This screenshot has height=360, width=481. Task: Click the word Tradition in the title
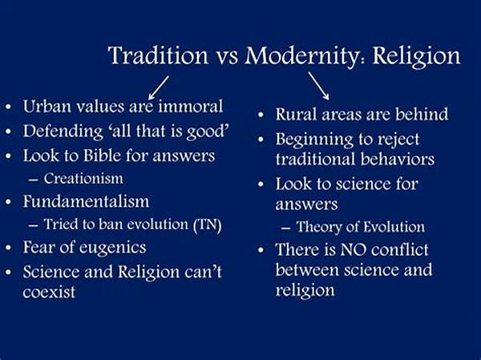[158, 55]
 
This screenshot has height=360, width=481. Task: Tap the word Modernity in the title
[301, 56]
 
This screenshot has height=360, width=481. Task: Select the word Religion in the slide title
[416, 56]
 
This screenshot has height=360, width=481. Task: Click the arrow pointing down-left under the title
[159, 87]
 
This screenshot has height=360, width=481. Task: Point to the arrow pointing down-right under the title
[319, 86]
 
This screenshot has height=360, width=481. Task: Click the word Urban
[47, 106]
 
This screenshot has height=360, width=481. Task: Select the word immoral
[191, 106]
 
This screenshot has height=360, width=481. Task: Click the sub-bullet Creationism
[83, 179]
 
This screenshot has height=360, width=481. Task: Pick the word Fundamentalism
[87, 201]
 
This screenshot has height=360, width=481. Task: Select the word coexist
[49, 292]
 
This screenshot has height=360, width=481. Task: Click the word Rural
[296, 115]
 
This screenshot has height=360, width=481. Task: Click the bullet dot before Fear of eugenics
[9, 248]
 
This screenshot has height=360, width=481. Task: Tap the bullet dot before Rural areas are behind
[261, 115]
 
